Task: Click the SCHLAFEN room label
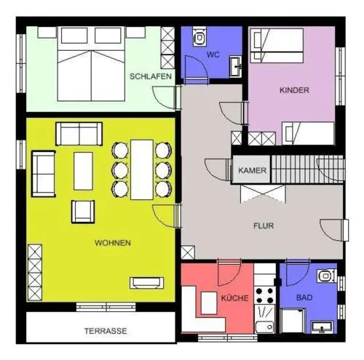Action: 151,76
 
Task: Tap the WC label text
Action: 213,55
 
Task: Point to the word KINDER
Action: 294,90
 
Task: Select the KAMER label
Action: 252,170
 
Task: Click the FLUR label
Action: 264,225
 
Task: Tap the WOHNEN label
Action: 113,243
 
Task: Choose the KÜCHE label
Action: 234,297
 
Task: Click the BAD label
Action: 304,297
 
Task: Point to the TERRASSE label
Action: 106,331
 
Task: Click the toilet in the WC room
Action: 199,36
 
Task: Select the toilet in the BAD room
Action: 326,276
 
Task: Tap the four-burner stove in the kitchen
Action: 265,295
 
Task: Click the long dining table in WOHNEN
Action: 142,169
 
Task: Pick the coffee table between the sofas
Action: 83,171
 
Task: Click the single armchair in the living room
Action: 83,212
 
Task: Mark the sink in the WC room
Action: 235,67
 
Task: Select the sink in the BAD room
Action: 323,327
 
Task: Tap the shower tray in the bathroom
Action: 292,321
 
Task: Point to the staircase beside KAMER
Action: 308,169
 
